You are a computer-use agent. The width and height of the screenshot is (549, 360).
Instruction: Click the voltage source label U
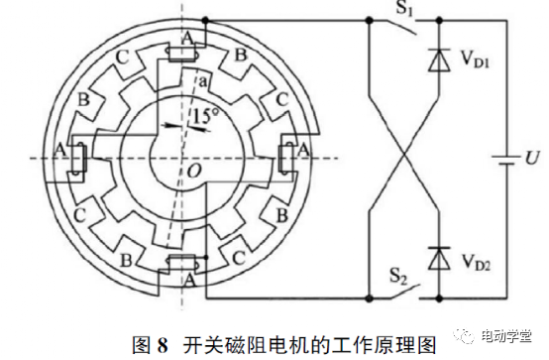533,159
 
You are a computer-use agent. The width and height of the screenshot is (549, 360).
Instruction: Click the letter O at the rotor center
193,174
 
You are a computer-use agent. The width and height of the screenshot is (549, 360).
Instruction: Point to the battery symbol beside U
506,159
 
